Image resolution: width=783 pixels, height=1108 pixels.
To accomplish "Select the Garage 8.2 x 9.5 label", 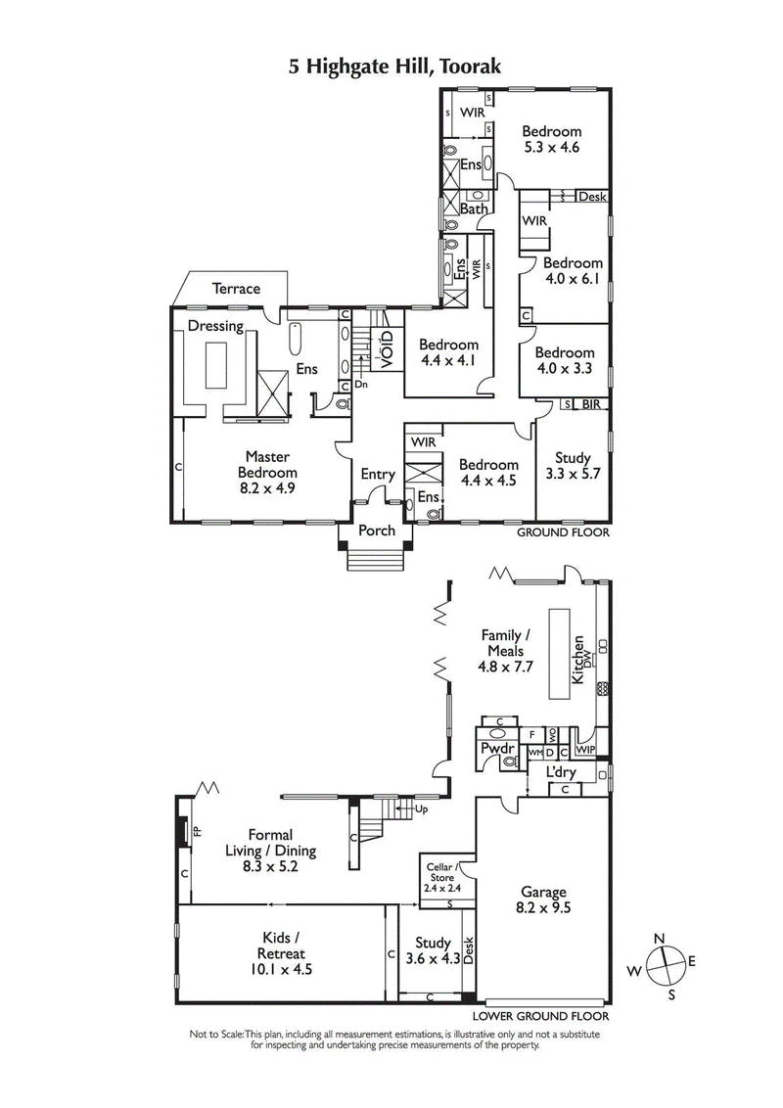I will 543,900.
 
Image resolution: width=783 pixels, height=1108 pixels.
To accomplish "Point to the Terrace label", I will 237,289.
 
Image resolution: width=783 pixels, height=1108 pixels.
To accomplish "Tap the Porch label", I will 377,531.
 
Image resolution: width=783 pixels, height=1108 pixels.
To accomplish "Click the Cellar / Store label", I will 440,876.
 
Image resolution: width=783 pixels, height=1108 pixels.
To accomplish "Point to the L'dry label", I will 561,773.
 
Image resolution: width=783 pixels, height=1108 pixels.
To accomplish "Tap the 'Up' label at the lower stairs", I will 422,810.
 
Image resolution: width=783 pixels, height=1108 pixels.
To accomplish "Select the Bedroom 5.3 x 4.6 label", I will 551,139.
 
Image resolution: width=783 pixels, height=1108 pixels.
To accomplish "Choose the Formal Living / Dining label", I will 270,850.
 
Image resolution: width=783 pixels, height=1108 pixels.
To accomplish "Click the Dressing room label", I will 215,326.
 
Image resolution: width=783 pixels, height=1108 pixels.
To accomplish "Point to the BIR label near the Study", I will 591,404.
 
